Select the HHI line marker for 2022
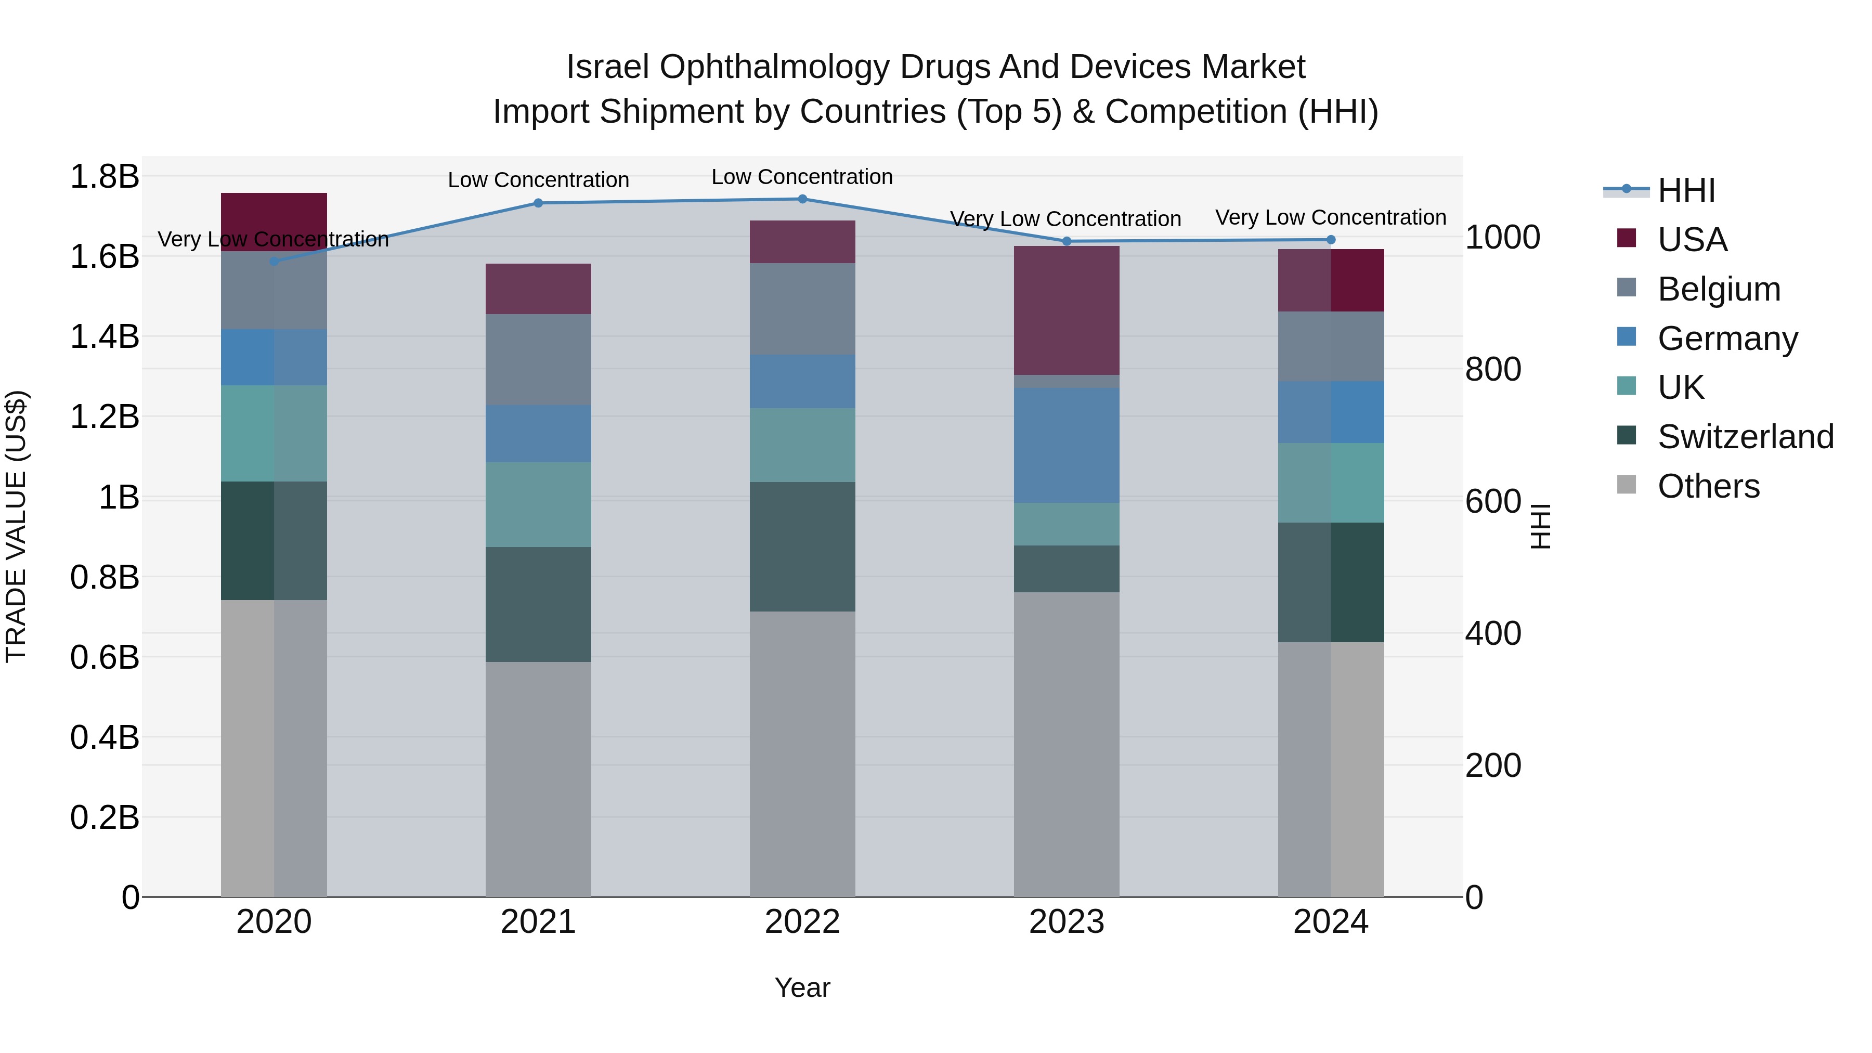click(802, 199)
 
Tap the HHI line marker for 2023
click(1067, 241)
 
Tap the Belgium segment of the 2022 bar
click(802, 308)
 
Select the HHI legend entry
click(1686, 190)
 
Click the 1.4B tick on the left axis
click(104, 336)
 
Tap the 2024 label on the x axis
click(1331, 922)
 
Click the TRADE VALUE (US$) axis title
click(16, 526)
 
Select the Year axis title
click(802, 987)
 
